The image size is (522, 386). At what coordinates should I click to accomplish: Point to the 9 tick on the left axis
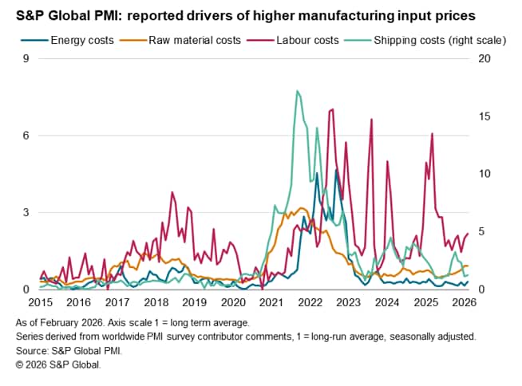(26, 59)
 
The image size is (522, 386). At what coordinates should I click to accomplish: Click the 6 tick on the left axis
(26, 136)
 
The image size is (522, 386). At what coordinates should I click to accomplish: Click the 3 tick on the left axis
(26, 212)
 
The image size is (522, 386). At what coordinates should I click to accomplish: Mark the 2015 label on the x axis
(40, 302)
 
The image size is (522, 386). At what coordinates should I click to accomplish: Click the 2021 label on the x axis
(271, 302)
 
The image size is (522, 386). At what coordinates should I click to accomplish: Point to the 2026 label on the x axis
(465, 302)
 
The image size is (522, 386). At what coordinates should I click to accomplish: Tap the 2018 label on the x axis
(156, 302)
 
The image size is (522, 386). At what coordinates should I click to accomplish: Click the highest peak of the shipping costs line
(297, 91)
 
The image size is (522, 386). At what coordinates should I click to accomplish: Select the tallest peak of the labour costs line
(331, 108)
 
